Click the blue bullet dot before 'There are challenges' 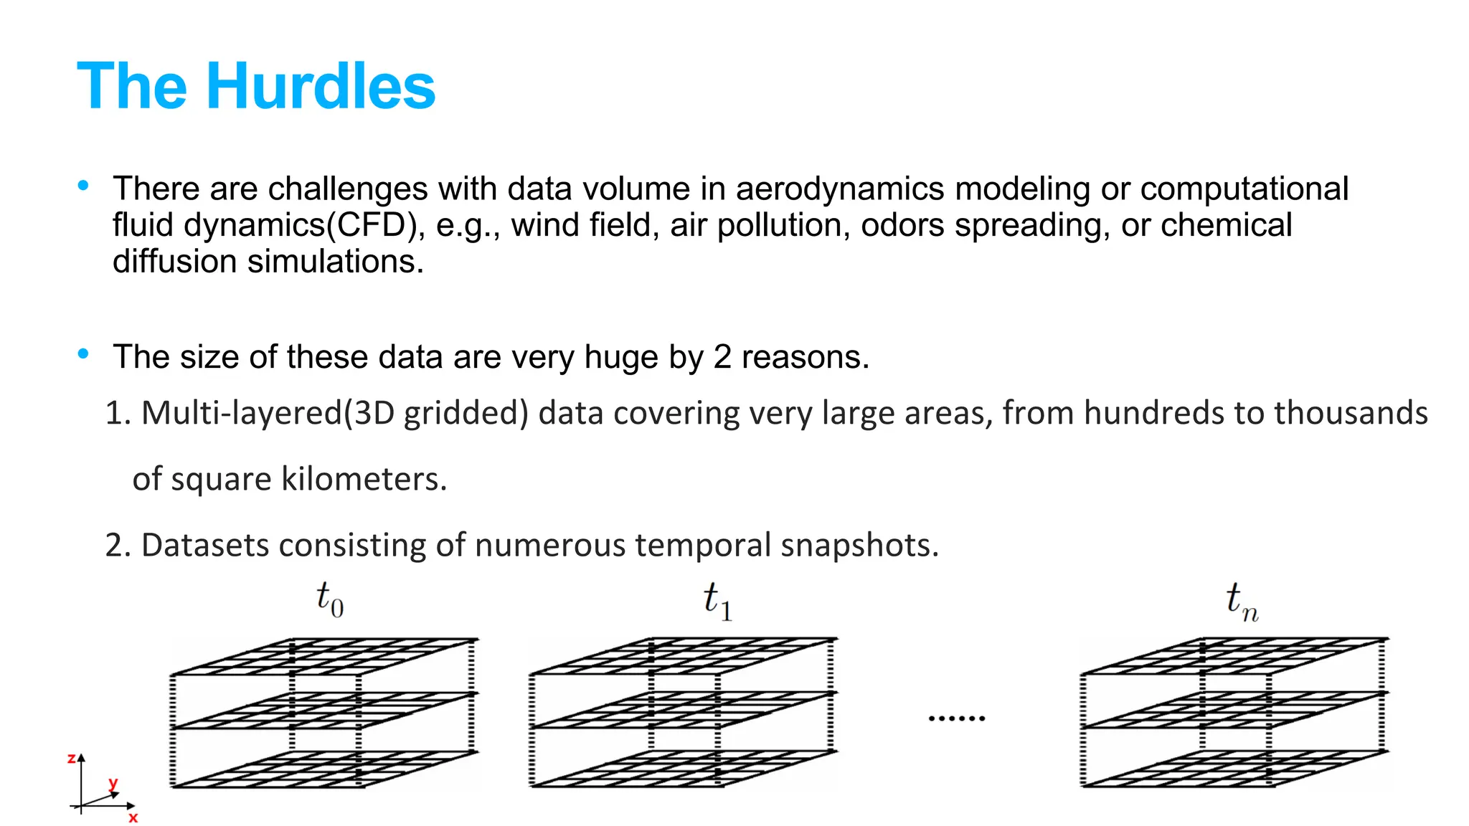[83, 186]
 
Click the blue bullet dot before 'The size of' [83, 353]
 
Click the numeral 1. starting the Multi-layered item [117, 414]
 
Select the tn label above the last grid [1242, 601]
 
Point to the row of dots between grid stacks [956, 718]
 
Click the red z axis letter [71, 758]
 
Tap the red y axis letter [113, 783]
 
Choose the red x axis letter [133, 817]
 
